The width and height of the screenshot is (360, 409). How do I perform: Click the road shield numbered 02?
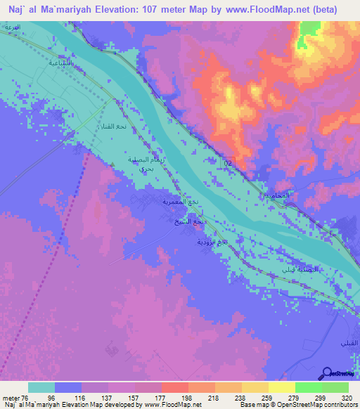[x=228, y=162]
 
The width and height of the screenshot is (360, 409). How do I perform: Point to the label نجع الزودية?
[x=212, y=241]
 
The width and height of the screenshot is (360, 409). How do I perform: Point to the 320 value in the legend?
[x=347, y=397]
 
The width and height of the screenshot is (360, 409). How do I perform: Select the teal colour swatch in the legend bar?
[x=41, y=387]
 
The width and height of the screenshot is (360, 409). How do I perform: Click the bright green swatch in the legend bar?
[x=308, y=387]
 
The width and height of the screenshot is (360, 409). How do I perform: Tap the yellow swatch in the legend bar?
[x=281, y=387]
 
